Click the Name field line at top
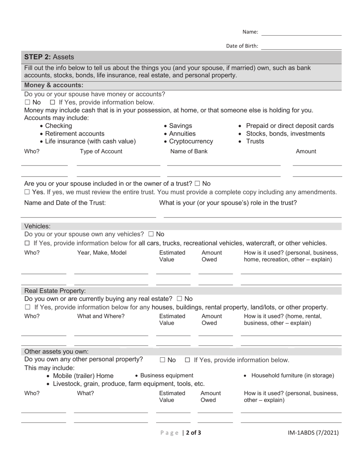[x=301, y=33]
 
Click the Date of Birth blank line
[x=301, y=47]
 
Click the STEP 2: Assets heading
[x=49, y=57]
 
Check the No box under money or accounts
[x=27, y=103]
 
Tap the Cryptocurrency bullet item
[x=188, y=142]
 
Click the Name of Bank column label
[x=189, y=152]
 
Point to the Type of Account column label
[x=101, y=152]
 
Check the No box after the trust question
[x=197, y=184]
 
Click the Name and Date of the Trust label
[x=65, y=203]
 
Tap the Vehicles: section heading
[x=37, y=226]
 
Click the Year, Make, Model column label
[x=102, y=253]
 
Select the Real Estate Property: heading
[x=55, y=291]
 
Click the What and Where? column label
[x=101, y=316]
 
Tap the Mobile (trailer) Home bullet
[x=83, y=376]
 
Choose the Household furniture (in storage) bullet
[x=293, y=375]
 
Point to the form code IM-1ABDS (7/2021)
[x=313, y=433]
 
